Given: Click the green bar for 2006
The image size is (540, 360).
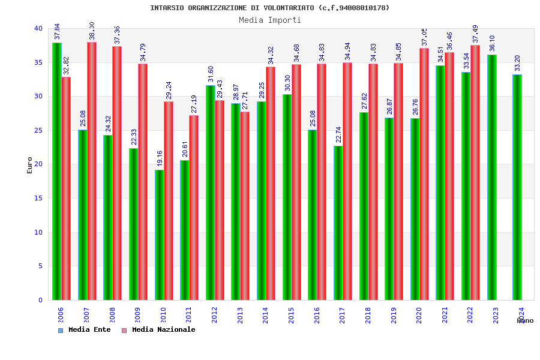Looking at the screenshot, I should [x=56, y=171].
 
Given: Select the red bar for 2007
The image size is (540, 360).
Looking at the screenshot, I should [x=92, y=171].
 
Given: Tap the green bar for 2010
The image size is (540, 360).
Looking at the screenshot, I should [x=159, y=235].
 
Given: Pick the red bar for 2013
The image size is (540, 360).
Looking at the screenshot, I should [x=245, y=206].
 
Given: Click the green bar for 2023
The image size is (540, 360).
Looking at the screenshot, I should [x=492, y=177].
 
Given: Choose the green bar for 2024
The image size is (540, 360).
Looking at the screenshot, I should [x=517, y=187].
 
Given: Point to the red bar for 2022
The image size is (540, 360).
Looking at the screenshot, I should [x=475, y=172].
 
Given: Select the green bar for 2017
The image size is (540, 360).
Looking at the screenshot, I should [x=338, y=223].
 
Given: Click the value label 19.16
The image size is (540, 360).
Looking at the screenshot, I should [x=160, y=159].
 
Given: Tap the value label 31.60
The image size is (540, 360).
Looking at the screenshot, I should [x=211, y=74].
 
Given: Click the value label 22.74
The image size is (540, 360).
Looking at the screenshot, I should [x=338, y=135].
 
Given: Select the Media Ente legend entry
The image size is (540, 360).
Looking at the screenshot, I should [x=85, y=329].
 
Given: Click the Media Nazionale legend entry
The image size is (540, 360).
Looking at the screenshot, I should [x=158, y=329].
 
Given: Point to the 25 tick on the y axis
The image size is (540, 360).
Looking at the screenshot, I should [x=38, y=130].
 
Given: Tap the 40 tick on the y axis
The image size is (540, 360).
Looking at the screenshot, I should [x=38, y=28].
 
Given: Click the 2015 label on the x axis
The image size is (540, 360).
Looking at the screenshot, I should [x=292, y=315].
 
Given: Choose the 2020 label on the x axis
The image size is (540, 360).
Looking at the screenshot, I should [x=419, y=315].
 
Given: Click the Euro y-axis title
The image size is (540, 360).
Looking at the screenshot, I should [x=30, y=165].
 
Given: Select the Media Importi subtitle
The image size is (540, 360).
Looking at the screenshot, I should [x=270, y=20].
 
